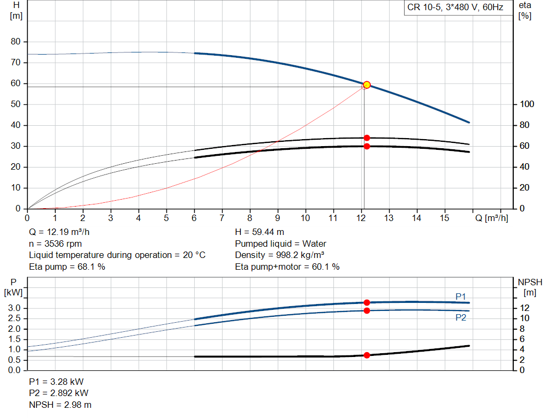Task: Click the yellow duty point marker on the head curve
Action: tap(367, 85)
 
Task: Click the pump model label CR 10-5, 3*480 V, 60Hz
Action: tap(455, 7)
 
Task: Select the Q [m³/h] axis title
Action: tap(491, 218)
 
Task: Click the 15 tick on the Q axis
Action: tap(444, 218)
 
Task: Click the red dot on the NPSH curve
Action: tap(367, 355)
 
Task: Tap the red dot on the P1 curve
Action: tap(367, 302)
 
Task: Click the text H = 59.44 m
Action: tap(260, 232)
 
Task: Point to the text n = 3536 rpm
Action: tap(56, 244)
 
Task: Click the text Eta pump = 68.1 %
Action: tap(67, 266)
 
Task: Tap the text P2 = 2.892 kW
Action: tap(58, 393)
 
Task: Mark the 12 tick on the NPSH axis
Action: tap(525, 308)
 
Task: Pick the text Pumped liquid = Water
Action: tap(280, 244)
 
